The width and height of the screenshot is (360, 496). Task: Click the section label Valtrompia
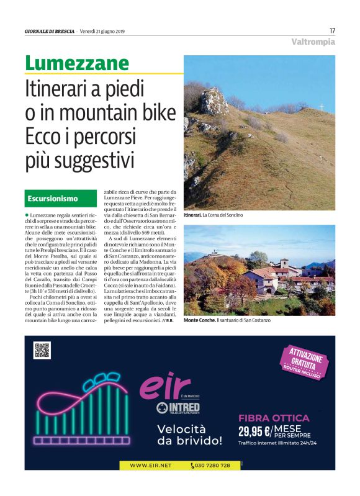pos(313,42)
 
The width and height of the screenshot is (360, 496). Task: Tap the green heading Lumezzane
pos(77,63)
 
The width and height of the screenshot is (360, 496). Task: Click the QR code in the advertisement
pos(42,350)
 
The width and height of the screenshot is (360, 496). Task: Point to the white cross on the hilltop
pos(322,107)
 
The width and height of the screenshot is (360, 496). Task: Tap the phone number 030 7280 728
pos(213,465)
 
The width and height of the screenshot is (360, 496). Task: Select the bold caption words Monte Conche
pos(199,320)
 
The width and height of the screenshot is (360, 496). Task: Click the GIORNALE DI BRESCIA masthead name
pos(50,30)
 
